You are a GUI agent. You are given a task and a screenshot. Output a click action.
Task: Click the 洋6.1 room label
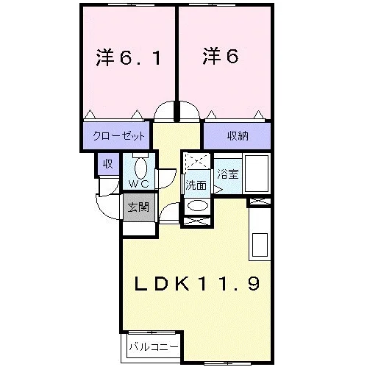pos(129,57)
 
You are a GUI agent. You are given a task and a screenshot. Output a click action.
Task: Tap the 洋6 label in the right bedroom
pos(221,56)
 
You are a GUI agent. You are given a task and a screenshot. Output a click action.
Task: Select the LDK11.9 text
pos(197,283)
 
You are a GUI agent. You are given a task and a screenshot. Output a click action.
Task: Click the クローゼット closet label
pos(119,135)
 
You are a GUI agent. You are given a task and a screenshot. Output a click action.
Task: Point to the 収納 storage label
pos(238,135)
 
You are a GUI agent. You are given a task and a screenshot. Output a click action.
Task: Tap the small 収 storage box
pos(108,164)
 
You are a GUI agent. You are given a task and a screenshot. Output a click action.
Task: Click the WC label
pos(139,184)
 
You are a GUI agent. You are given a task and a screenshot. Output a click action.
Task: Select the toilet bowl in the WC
pos(140,168)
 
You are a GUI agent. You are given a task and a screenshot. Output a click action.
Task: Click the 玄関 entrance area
pos(138,207)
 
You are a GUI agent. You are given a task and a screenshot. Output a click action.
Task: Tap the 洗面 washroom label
pos(196,185)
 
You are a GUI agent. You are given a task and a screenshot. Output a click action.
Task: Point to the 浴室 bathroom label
pos(228,174)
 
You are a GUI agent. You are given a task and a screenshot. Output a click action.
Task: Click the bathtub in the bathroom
pos(257,174)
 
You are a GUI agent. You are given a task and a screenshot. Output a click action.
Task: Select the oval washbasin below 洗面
pos(198,206)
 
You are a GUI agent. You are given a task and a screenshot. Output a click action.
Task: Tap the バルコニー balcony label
pos(154,347)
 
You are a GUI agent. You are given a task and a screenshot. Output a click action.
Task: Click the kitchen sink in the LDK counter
pos(260,245)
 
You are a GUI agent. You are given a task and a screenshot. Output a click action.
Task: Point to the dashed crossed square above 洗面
pos(197,161)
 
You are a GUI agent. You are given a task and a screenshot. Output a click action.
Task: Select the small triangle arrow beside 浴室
pos(218,189)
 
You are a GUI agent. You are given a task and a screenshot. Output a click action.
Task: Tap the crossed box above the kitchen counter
pos(260,202)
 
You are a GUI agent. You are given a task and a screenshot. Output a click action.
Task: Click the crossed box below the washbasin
pos(197,221)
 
